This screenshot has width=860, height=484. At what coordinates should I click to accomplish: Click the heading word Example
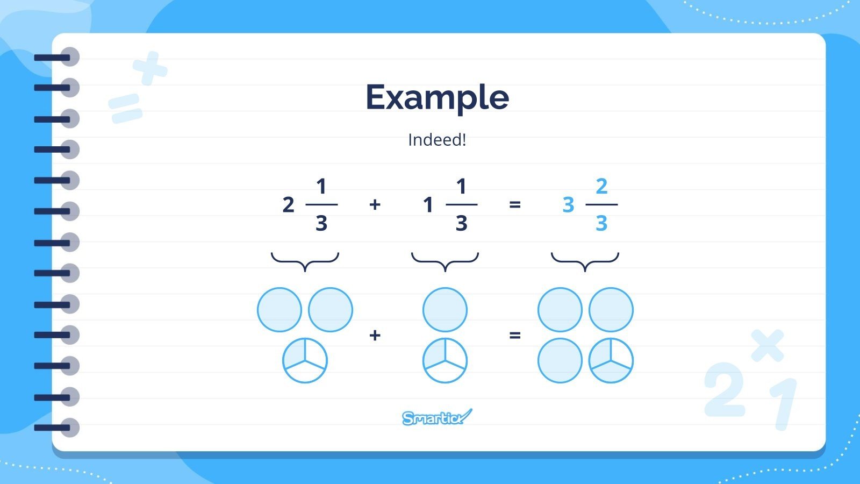(437, 97)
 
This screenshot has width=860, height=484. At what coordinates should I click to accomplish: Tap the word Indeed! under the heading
(437, 140)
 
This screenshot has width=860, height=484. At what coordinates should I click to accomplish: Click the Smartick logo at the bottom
(436, 417)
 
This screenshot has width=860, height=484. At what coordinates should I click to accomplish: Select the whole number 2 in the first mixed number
(288, 205)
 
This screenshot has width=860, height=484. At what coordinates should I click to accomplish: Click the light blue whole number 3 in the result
(568, 205)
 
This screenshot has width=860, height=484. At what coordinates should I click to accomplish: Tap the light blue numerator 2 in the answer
(601, 187)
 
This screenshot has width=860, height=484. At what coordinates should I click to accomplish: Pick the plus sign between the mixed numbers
(375, 204)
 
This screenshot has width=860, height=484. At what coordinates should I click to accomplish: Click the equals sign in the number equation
(515, 204)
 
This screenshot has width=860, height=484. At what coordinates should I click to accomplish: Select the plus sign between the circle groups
(375, 335)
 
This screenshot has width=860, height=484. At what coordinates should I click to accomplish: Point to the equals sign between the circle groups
(515, 335)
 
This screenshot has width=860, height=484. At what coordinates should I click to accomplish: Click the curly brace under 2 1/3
(305, 261)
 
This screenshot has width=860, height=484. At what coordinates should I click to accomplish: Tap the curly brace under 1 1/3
(445, 261)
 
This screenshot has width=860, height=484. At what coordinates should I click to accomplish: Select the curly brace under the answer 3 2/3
(585, 261)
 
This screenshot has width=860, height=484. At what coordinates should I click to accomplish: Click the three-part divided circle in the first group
(305, 360)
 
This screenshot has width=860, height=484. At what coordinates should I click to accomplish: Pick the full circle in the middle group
(445, 310)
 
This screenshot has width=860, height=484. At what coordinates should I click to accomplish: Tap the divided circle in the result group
(611, 360)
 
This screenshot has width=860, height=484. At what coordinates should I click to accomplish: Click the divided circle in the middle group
(445, 360)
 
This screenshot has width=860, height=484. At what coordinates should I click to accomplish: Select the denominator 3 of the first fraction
(321, 223)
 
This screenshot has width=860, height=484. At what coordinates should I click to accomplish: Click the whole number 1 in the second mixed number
(428, 205)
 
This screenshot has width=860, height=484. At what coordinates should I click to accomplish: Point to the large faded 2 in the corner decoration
(724, 389)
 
